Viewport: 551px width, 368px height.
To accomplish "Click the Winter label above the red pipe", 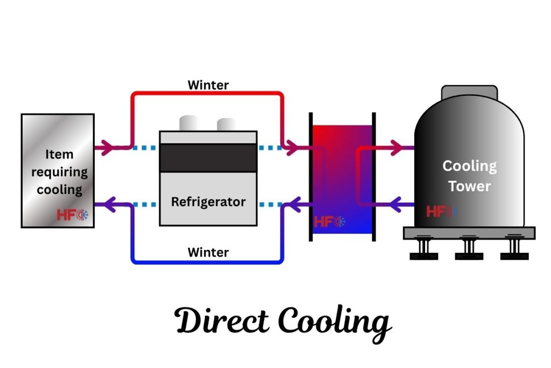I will (208, 85).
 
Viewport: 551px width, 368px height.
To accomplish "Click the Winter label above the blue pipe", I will (208, 252).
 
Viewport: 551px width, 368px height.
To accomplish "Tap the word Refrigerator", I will (208, 202).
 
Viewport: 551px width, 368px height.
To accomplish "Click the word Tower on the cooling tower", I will (470, 186).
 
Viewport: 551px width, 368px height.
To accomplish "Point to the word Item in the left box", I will (59, 155).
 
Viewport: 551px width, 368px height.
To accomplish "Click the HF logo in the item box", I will (72, 214).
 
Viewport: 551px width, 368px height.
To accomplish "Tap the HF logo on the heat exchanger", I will (329, 221).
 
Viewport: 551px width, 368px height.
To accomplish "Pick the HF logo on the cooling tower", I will (441, 211).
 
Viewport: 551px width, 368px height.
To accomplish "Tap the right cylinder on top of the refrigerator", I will (226, 125).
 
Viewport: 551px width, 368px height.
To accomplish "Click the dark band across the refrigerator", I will (208, 158).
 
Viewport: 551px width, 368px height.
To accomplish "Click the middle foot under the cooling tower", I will (469, 249).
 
